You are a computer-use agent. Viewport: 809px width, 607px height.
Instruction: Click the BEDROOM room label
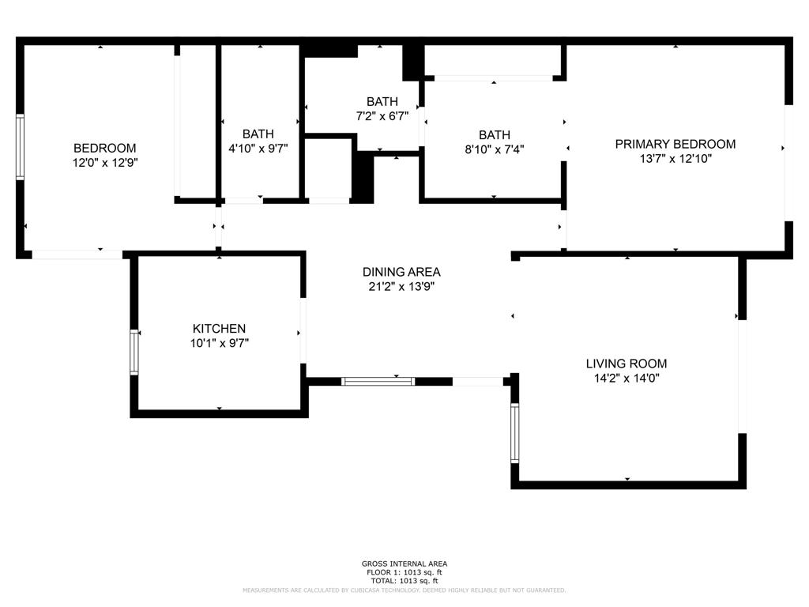(104, 148)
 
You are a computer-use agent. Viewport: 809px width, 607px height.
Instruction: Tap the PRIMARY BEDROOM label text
(675, 144)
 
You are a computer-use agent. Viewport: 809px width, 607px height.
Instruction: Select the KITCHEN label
(219, 329)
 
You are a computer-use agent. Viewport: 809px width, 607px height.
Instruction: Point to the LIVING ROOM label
(626, 364)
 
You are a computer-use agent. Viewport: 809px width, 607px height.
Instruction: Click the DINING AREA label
(401, 272)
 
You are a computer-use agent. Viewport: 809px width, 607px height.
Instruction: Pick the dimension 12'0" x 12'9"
(104, 162)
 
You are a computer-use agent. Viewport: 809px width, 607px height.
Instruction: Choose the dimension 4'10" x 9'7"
(258, 148)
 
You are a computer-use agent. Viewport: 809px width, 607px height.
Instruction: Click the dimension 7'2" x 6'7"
(382, 115)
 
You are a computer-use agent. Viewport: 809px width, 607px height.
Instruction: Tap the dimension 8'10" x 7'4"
(494, 149)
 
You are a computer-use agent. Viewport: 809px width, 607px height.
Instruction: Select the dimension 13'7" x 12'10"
(675, 158)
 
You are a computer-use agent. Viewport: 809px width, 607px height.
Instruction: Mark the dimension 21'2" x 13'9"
(401, 286)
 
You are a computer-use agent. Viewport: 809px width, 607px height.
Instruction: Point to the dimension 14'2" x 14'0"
(626, 378)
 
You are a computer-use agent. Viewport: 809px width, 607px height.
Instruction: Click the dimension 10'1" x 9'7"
(219, 343)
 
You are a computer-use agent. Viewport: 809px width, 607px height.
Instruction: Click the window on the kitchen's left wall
(134, 352)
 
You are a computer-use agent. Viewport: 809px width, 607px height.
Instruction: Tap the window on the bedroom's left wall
(21, 147)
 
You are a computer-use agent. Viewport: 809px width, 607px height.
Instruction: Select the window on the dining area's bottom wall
(378, 381)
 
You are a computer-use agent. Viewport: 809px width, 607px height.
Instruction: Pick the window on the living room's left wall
(515, 433)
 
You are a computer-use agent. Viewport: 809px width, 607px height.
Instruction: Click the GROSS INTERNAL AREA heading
(404, 564)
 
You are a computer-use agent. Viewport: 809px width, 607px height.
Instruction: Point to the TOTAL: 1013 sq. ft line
(404, 581)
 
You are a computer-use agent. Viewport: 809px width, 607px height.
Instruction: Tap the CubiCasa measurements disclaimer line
(404, 590)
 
